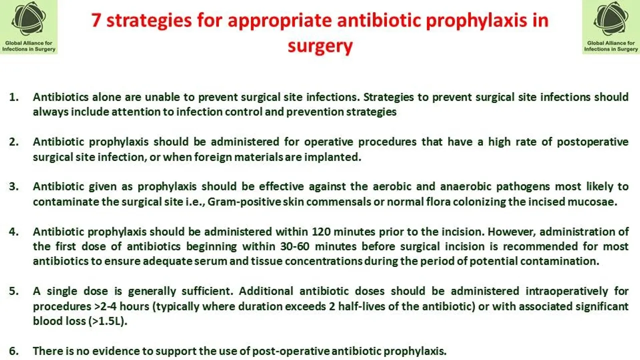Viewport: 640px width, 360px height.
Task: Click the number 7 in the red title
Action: click(97, 20)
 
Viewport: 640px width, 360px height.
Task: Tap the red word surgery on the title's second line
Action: click(320, 46)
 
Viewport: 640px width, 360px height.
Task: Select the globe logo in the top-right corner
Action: click(611, 19)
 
